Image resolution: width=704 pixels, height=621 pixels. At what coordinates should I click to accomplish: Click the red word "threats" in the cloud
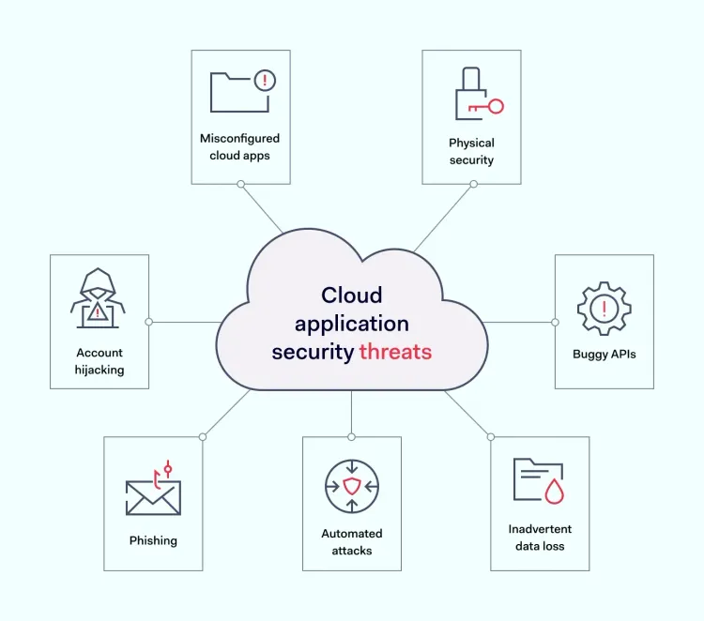pos(395,352)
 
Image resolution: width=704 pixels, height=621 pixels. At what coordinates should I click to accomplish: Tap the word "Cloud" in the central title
pos(352,295)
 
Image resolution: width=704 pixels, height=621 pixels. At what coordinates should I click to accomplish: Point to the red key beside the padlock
pos(491,106)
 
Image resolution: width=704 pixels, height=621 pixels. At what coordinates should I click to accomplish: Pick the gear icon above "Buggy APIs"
pos(605,307)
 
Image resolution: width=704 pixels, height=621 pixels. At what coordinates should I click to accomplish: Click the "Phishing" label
pos(153,540)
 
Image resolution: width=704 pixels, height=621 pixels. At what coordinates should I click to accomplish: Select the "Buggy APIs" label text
pos(605,355)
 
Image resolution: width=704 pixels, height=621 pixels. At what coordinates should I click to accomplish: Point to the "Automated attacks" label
pos(352,542)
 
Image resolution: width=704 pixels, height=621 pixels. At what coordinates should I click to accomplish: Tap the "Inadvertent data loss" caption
pos(540,538)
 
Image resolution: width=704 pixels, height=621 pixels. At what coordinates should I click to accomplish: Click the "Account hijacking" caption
pos(99,361)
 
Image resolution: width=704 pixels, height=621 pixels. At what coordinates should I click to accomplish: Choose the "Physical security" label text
pos(471,151)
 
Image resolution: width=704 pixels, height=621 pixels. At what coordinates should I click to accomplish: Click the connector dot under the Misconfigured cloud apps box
pos(241,184)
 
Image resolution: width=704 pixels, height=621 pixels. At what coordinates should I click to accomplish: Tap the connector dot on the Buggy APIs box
pos(555,322)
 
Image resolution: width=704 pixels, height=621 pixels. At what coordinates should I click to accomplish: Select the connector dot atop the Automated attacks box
pos(352,437)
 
